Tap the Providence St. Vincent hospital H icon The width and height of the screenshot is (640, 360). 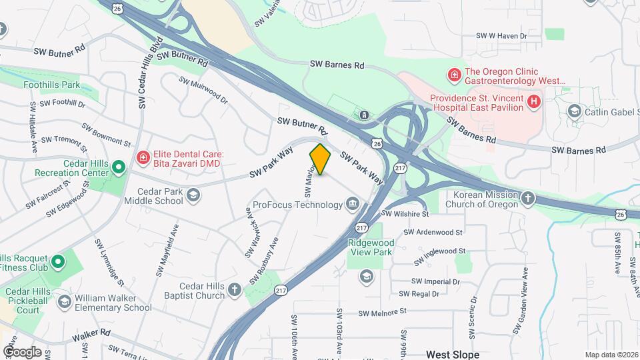pos(533,102)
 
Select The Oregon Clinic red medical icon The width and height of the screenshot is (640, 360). pos(455,74)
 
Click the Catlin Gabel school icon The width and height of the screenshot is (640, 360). pos(573,111)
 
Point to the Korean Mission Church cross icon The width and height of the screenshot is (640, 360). pos(528,198)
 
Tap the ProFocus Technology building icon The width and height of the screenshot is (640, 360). pos(352,203)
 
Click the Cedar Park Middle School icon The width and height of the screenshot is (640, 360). pos(193,195)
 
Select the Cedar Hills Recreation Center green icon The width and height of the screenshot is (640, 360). pos(118,166)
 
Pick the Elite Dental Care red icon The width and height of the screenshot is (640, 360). pos(142,157)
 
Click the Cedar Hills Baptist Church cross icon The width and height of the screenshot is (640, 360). pos(234,289)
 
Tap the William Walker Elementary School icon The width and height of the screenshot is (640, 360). pos(64,302)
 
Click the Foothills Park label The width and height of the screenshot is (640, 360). pos(51,85)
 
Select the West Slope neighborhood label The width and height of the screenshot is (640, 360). pos(453,354)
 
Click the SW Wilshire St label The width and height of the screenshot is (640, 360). pos(405,214)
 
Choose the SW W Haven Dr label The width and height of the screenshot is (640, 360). pos(501,36)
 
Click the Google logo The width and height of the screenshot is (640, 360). pos(22,351)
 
